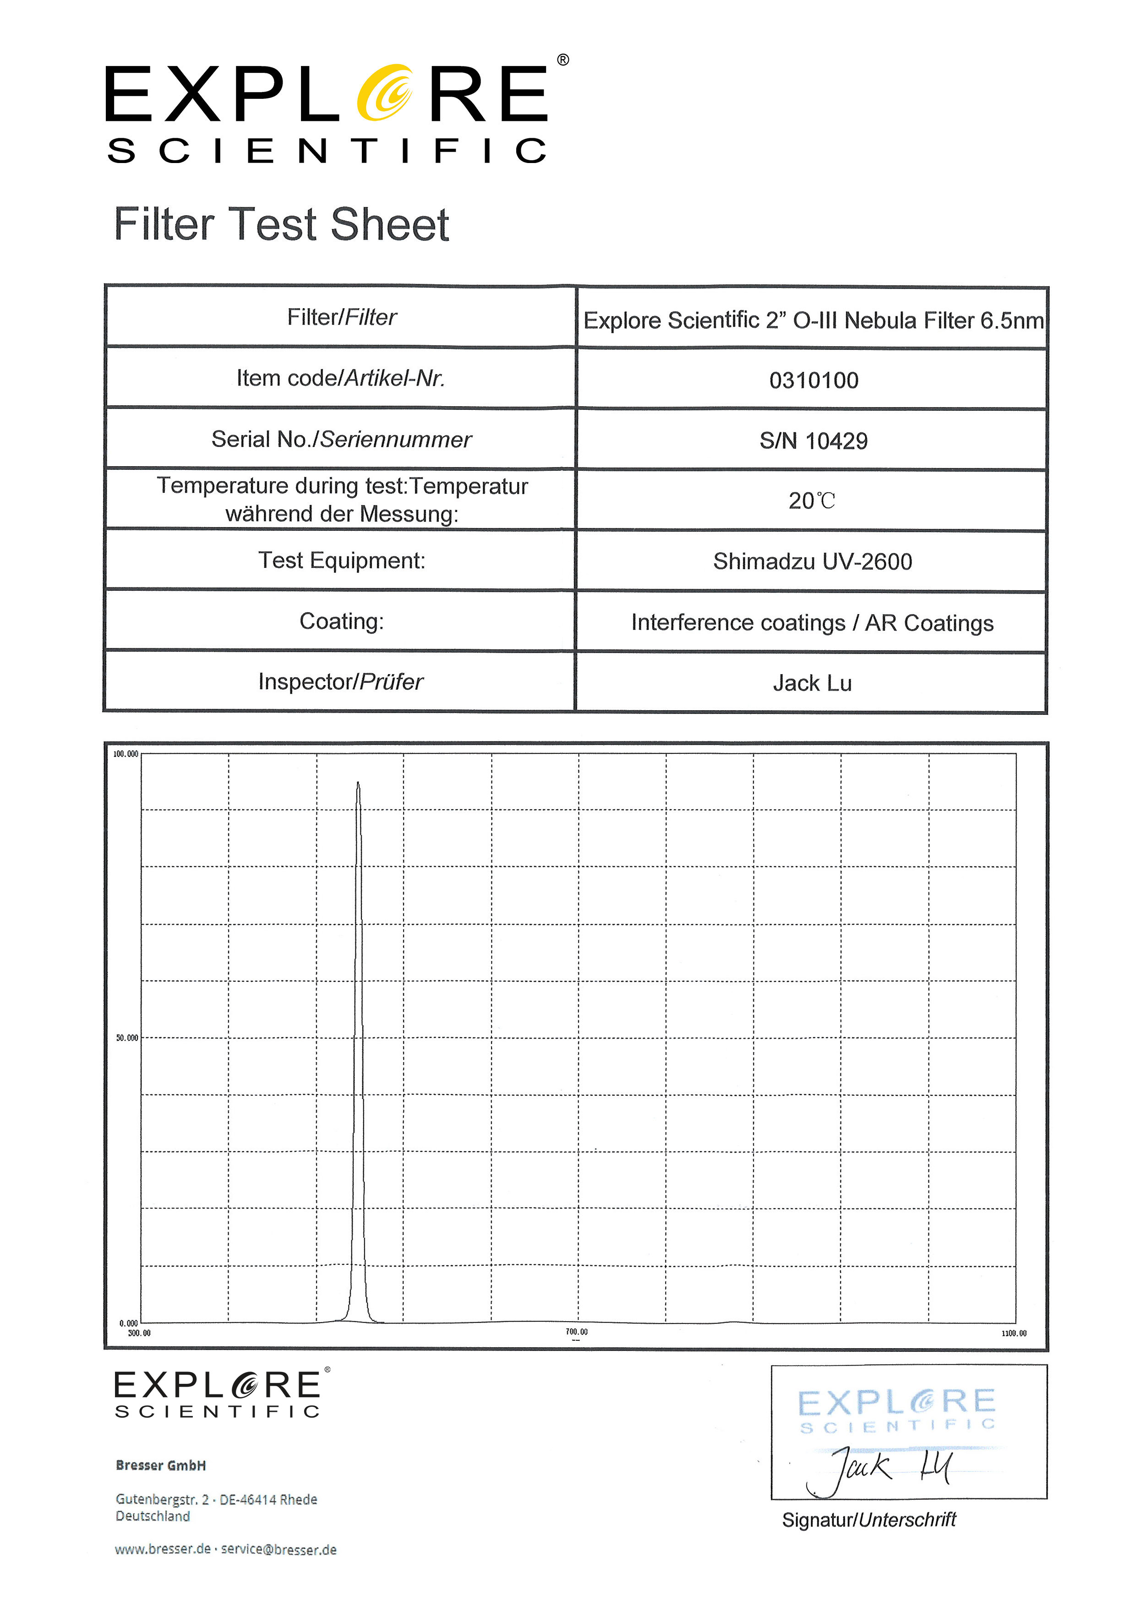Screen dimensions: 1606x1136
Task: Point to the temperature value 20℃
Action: (x=811, y=501)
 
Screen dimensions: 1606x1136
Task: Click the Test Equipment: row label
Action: (x=341, y=560)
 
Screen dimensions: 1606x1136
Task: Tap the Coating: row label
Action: (x=341, y=621)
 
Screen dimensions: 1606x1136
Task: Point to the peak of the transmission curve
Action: (x=358, y=784)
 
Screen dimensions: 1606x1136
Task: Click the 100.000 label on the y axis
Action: (x=126, y=754)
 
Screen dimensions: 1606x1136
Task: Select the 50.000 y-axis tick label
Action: (x=127, y=1038)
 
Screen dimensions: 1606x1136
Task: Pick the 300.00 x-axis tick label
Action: (x=139, y=1333)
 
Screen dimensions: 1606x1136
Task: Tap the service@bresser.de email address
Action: (x=279, y=1549)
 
